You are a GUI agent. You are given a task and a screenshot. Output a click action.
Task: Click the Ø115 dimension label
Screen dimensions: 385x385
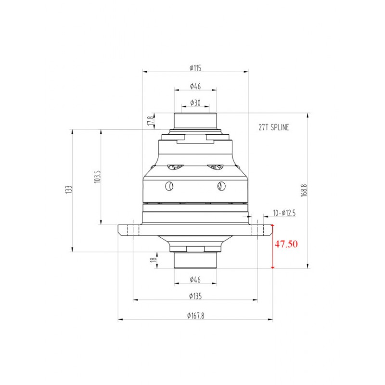(x=195, y=68)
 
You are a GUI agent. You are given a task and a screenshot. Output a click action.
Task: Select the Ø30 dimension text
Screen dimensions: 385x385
(x=195, y=103)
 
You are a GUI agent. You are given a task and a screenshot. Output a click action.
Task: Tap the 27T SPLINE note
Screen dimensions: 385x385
(x=274, y=127)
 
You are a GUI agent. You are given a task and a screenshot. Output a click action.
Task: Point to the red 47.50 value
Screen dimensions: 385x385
(x=286, y=244)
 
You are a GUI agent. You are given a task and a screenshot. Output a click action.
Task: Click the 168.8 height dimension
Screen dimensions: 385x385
(x=304, y=190)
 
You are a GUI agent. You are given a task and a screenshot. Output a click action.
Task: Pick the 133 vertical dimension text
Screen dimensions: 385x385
(x=69, y=190)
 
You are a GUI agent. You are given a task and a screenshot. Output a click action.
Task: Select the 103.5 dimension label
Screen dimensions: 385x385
(x=98, y=177)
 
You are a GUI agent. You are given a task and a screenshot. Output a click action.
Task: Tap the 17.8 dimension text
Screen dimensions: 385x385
(x=151, y=121)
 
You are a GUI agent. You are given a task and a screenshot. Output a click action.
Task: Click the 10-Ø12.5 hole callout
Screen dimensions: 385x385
(x=284, y=213)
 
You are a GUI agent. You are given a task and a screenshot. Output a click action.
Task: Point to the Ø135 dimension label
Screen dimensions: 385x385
(x=195, y=296)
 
